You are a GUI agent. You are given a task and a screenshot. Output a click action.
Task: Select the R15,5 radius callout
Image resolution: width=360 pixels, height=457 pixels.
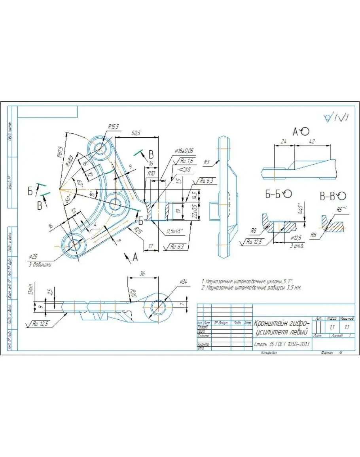[x=113, y=127]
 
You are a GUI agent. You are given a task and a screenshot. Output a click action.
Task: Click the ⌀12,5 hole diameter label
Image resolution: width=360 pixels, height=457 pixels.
[x=296, y=238]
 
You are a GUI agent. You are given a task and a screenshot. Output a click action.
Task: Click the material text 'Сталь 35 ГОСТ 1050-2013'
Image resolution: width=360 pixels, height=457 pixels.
[x=282, y=344]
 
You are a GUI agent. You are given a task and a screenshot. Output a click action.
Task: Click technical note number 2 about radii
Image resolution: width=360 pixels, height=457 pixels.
[x=252, y=288]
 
